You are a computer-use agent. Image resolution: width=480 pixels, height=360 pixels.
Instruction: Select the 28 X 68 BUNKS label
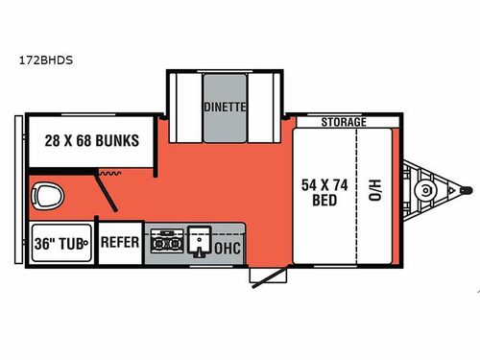[x=91, y=140]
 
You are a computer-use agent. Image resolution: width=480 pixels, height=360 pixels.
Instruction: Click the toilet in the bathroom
[x=45, y=198]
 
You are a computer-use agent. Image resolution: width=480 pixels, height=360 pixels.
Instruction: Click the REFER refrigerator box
[x=121, y=242]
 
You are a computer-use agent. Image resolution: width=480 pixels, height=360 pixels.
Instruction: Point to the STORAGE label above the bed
[x=343, y=124]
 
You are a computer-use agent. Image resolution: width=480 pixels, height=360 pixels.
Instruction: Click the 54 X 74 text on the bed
[x=320, y=182]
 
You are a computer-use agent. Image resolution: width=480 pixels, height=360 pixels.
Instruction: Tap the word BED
[x=320, y=201]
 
